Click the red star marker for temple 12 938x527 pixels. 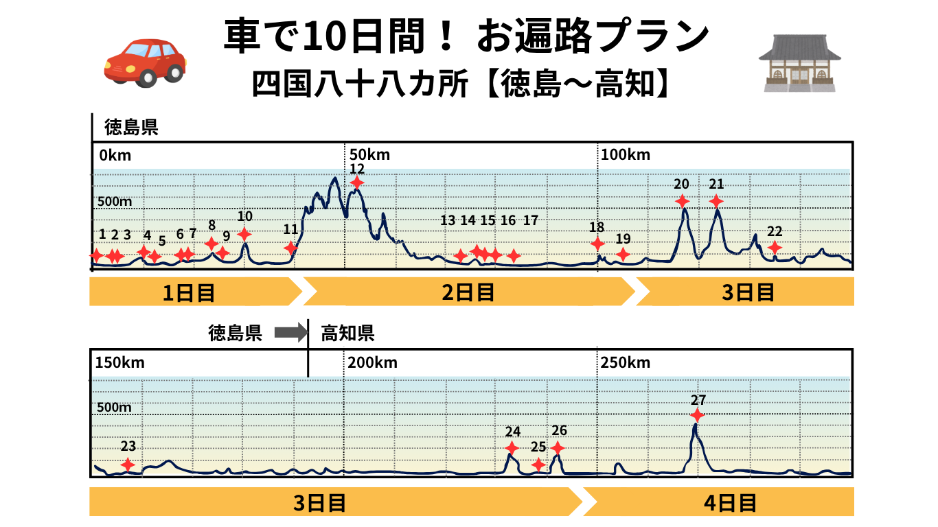[x=357, y=183]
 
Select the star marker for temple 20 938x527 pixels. [x=682, y=201]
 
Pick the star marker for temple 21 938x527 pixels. [x=716, y=201]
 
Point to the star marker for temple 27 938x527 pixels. [x=697, y=415]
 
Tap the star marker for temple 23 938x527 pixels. [x=128, y=465]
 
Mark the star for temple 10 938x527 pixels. [x=244, y=234]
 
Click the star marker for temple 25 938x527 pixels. [x=538, y=465]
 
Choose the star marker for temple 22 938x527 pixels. [x=775, y=248]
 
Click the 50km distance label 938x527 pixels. [x=369, y=154]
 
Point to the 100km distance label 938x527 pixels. [x=625, y=154]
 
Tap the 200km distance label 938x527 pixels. [x=372, y=362]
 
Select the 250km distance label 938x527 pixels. [x=625, y=362]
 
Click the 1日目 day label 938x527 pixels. [x=189, y=293]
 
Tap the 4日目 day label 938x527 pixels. [x=729, y=503]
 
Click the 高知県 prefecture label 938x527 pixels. [x=347, y=334]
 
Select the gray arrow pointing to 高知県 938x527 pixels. [x=291, y=333]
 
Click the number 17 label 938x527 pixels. [x=530, y=220]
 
